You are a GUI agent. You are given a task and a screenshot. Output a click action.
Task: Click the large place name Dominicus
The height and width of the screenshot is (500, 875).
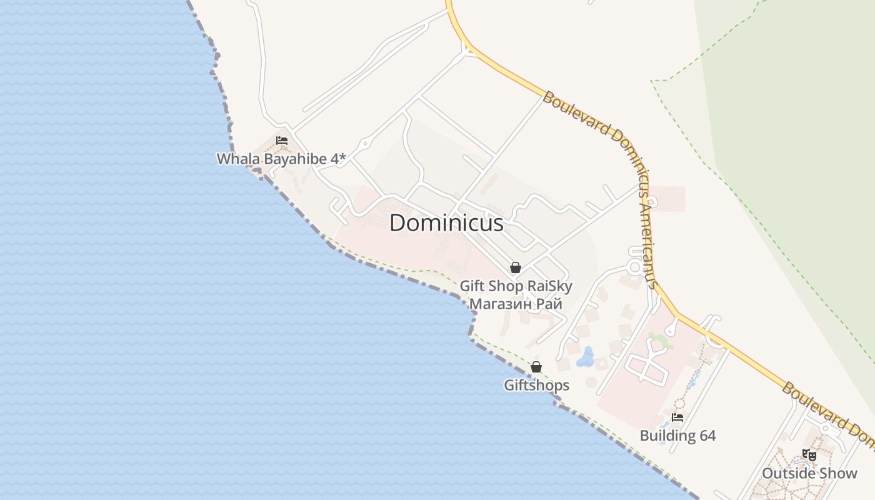(446, 223)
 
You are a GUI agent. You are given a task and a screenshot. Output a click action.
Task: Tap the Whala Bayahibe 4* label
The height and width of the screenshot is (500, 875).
(281, 159)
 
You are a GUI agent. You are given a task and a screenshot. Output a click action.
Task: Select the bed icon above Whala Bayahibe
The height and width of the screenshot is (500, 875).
(282, 141)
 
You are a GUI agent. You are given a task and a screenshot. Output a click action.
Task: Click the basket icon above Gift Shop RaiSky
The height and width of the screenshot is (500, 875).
(516, 268)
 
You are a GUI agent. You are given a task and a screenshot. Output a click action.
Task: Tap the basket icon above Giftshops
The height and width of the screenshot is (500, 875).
(536, 367)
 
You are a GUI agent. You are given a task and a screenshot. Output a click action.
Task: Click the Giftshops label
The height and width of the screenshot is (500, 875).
(537, 385)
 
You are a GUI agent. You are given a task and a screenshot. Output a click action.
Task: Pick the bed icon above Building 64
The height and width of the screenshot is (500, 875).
(677, 417)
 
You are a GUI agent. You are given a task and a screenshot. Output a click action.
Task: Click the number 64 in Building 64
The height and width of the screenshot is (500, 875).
(707, 436)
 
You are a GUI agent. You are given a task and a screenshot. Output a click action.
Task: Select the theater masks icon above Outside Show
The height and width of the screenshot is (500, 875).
(809, 455)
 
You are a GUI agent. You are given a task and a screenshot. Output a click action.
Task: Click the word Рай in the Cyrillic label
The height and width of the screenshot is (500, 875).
(550, 304)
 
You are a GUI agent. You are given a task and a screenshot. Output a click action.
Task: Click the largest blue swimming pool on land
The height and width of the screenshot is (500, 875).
(586, 357)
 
